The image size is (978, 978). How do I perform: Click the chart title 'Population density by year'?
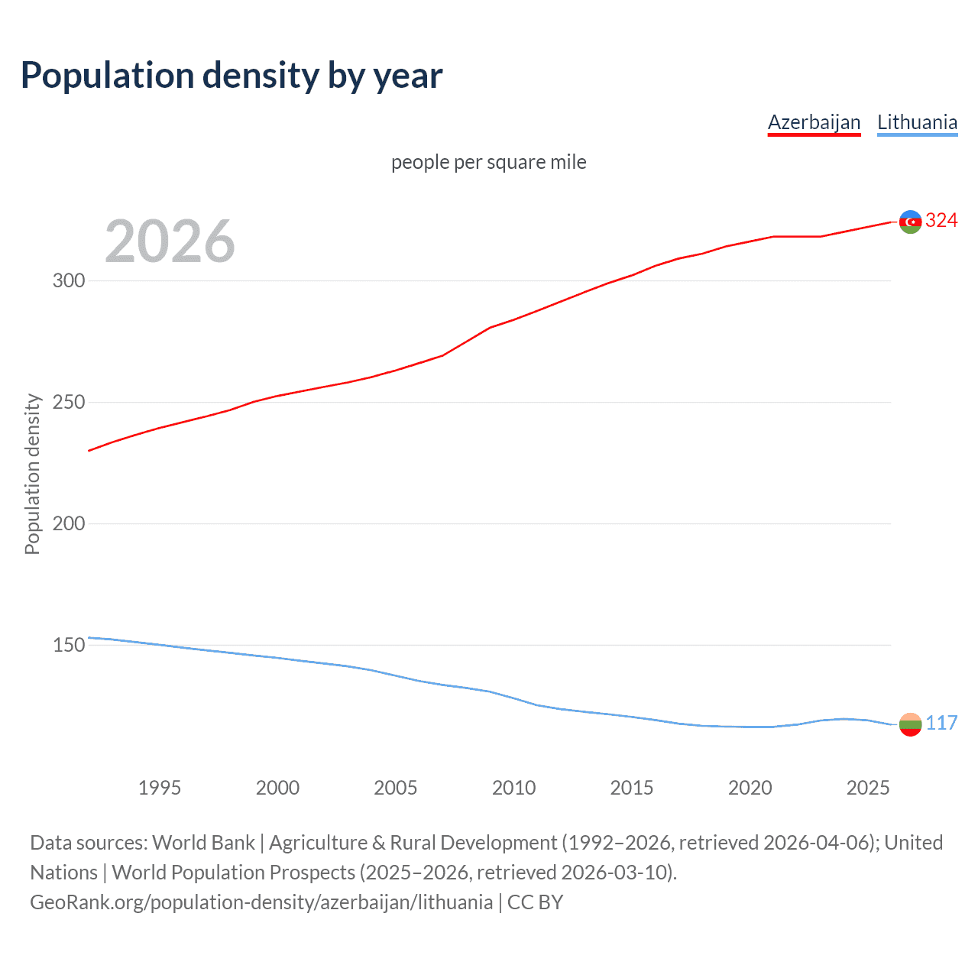[x=232, y=76]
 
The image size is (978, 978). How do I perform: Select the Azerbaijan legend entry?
[x=814, y=123]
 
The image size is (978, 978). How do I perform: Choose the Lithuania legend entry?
[x=917, y=123]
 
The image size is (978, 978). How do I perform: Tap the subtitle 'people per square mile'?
[x=488, y=162]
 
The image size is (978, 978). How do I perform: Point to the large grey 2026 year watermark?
[x=170, y=241]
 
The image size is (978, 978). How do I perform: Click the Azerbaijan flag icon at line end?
[x=910, y=222]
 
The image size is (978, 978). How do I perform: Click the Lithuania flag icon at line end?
[x=910, y=724]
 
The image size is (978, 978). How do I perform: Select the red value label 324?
[x=941, y=221]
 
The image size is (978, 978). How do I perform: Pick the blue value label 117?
[x=941, y=723]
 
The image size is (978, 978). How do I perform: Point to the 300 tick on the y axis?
[x=69, y=280]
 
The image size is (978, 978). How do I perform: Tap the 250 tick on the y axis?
[x=69, y=402]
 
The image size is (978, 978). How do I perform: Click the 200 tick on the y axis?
[x=69, y=523]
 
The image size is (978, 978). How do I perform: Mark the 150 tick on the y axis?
[x=69, y=645]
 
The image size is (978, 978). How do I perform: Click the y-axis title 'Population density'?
[x=32, y=474]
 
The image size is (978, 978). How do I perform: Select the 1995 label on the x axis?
[x=160, y=788]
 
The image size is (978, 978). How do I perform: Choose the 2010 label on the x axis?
[x=513, y=788]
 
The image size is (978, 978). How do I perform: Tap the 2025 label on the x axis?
[x=868, y=788]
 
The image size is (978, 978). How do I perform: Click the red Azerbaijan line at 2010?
[x=513, y=319]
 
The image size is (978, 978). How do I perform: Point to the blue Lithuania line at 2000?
[x=277, y=658]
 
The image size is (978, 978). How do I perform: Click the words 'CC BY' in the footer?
[x=536, y=902]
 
